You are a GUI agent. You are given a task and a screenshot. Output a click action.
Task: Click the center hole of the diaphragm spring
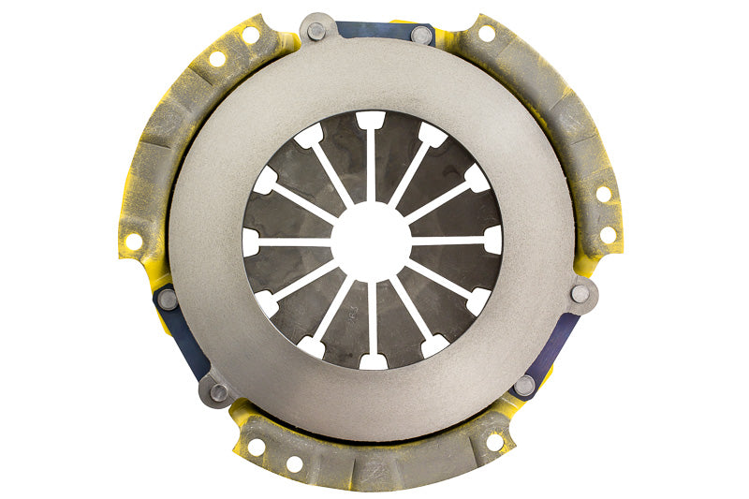[x=372, y=241]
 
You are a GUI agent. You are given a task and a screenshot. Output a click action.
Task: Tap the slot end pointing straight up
[x=372, y=121]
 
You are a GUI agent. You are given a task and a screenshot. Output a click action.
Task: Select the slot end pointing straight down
[x=372, y=360]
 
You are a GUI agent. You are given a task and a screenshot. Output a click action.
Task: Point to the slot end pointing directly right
[x=492, y=240]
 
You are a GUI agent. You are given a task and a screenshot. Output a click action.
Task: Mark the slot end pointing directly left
[x=251, y=242]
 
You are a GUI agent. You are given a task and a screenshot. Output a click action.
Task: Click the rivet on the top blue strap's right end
[x=422, y=36]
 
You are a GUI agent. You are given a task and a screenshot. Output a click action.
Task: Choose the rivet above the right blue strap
[x=580, y=293]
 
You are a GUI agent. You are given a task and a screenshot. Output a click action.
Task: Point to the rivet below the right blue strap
[x=525, y=385]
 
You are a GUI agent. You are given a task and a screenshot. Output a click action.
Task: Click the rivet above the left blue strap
[x=168, y=299]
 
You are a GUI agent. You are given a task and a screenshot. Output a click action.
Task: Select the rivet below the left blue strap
[x=219, y=392]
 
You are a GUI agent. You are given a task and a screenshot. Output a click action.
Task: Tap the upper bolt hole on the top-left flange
[x=250, y=35]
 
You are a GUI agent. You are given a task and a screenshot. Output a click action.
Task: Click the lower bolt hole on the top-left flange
[x=217, y=59]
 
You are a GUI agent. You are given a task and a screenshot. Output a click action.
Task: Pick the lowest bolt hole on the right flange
[x=609, y=235]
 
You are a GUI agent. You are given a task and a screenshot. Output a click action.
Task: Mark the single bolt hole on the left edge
[x=134, y=242]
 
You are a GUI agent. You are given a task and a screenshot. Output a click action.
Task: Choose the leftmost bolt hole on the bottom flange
[x=256, y=448]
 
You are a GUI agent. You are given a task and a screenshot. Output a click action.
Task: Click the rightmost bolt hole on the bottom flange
[x=493, y=441]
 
